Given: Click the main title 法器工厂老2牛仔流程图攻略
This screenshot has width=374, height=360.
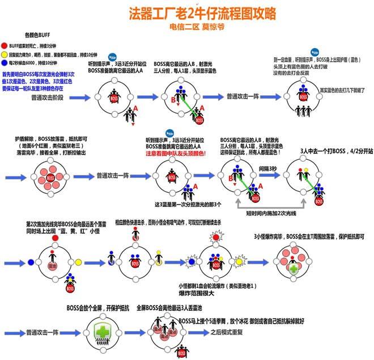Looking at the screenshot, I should click(187, 12).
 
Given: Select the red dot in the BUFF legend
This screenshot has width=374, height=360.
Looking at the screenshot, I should click(5, 45).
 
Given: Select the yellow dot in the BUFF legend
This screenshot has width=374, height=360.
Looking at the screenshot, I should click(5, 54).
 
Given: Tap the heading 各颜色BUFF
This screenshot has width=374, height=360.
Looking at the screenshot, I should click(37, 35).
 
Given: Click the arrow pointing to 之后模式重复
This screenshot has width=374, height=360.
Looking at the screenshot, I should click(198, 333).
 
